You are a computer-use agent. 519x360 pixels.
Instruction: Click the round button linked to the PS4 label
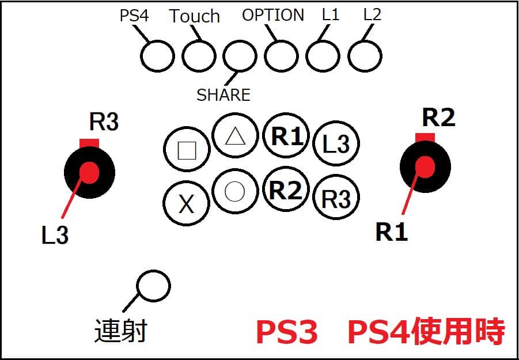157,56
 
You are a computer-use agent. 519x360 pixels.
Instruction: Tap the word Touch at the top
195,16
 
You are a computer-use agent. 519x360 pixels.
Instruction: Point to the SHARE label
223,94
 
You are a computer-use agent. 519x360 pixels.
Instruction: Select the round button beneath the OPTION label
281,56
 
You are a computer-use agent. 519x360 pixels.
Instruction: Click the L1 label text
331,15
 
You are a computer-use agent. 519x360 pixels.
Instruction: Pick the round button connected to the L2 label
365,56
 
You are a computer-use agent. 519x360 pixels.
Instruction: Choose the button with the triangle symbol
234,137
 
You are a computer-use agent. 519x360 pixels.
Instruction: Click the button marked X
186,204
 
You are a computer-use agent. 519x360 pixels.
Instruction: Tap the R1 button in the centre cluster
286,137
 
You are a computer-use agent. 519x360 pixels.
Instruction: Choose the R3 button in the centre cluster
336,199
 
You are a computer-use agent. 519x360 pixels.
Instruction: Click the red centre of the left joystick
89,172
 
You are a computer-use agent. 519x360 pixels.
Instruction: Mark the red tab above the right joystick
425,137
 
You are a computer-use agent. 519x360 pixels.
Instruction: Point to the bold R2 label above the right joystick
438,118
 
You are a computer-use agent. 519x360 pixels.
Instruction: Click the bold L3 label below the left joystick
55,235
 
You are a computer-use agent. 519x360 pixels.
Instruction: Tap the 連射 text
120,331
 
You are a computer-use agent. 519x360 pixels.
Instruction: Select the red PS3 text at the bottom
286,332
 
